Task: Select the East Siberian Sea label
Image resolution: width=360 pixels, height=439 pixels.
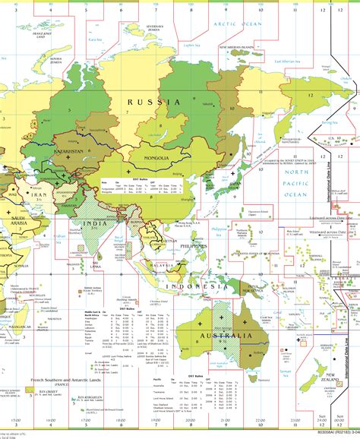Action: coord(289,62)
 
